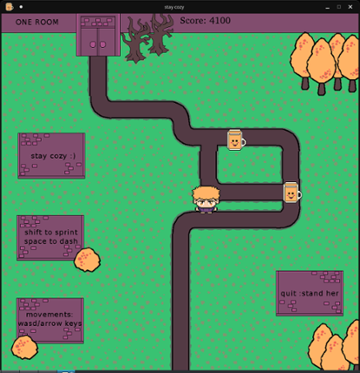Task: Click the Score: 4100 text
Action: (205, 21)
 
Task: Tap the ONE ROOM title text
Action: (37, 22)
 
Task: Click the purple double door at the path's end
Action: (98, 35)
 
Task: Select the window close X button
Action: (350, 7)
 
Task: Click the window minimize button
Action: (327, 8)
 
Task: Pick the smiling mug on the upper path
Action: (236, 141)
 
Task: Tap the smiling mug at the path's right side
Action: (292, 193)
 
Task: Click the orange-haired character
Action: (206, 200)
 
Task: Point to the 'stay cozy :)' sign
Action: (51, 156)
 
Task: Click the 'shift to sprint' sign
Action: (50, 238)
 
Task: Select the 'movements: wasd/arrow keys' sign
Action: (50, 320)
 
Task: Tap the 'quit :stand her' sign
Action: (310, 293)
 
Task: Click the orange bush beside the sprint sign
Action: (87, 259)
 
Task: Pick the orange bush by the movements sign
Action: (24, 347)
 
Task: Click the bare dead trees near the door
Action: (147, 37)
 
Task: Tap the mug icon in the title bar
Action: (10, 7)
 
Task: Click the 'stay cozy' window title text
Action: (174, 7)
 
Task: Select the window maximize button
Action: (339, 7)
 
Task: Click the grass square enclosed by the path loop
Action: (250, 165)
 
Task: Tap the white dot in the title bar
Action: (21, 7)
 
